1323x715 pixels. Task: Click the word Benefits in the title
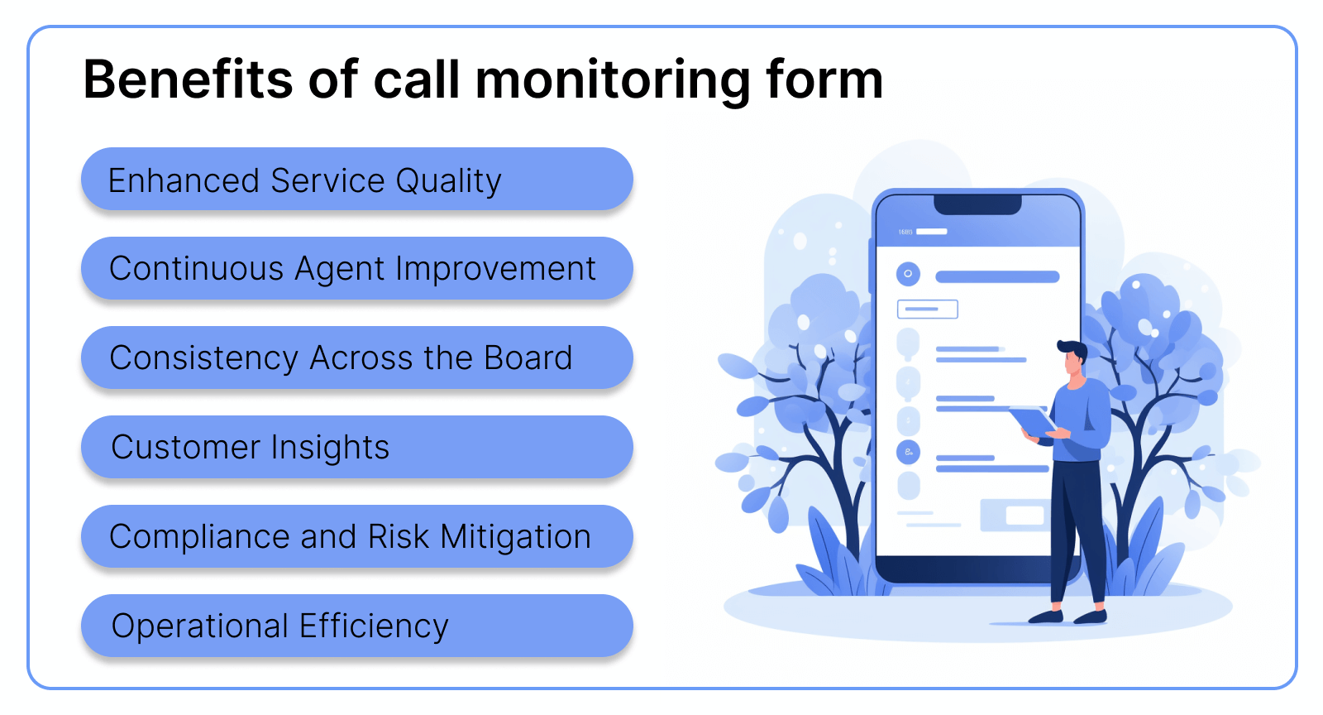coord(188,80)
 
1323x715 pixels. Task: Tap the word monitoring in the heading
coord(613,80)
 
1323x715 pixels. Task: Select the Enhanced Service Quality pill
coord(356,180)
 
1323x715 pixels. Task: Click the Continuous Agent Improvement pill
coord(356,269)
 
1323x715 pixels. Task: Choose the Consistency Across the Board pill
coord(356,358)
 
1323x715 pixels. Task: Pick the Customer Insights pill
coord(356,448)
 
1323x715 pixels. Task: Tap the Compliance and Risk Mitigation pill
coord(356,537)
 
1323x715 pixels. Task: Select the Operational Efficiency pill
coord(356,626)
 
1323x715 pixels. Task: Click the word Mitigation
coord(515,537)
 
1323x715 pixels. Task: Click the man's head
coord(1072,357)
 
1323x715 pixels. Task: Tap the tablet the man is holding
coord(1031,420)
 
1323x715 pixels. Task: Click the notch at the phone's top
coord(977,204)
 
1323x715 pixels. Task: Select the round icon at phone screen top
coord(908,274)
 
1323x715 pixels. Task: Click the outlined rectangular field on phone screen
coord(928,310)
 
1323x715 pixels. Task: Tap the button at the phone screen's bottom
coord(1014,515)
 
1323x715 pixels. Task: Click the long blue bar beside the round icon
coord(997,277)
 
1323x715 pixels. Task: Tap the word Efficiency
coord(374,626)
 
